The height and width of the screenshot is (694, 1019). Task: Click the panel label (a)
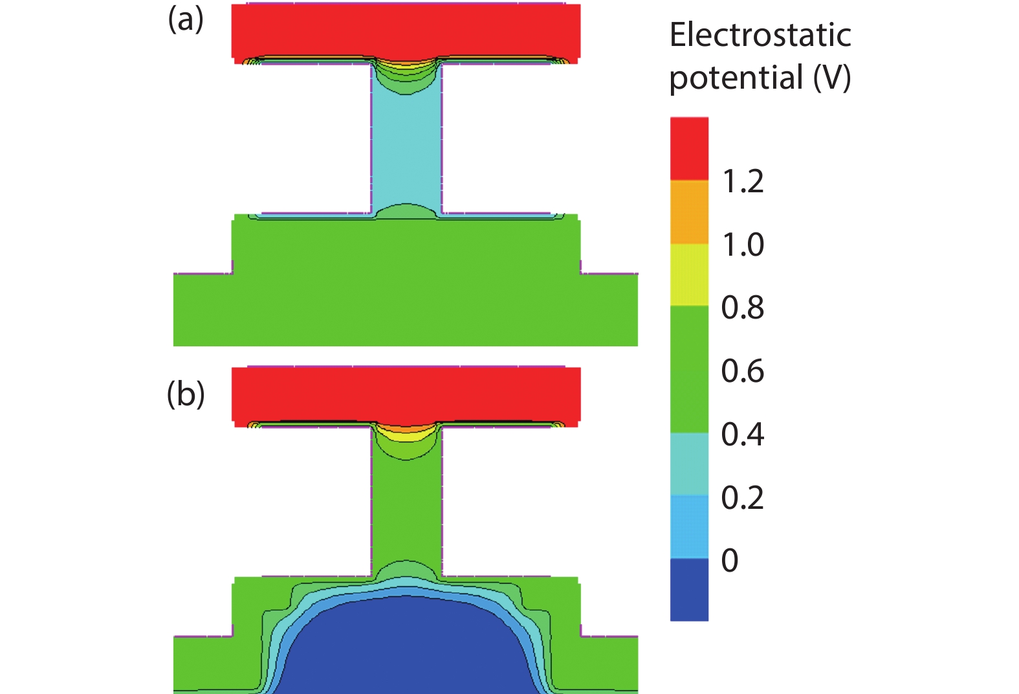(186, 20)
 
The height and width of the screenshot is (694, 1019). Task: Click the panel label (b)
(186, 394)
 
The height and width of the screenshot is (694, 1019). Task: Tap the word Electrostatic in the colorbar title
(760, 35)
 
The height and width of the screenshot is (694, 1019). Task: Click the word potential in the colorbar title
(736, 78)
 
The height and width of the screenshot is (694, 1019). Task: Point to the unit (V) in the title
(832, 78)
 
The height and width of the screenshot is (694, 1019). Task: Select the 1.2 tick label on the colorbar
(743, 181)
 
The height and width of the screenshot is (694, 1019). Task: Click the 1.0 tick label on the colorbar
(743, 245)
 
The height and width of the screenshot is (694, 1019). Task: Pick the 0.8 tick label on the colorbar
(743, 308)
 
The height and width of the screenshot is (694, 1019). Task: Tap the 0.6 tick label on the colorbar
(743, 371)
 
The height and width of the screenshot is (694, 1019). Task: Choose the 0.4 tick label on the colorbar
(743, 434)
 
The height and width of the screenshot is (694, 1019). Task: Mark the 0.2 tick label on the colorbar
(743, 497)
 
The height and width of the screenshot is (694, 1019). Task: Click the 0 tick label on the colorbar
(730, 560)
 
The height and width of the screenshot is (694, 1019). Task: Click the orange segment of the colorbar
(689, 212)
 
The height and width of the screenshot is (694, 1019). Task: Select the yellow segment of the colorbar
(689, 274)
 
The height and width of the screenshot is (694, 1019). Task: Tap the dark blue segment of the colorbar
(689, 590)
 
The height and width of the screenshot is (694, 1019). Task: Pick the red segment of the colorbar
(689, 148)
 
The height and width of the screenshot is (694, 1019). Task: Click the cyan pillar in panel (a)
(406, 149)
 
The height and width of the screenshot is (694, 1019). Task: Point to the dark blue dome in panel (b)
(406, 647)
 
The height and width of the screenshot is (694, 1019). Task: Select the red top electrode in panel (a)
(406, 29)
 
